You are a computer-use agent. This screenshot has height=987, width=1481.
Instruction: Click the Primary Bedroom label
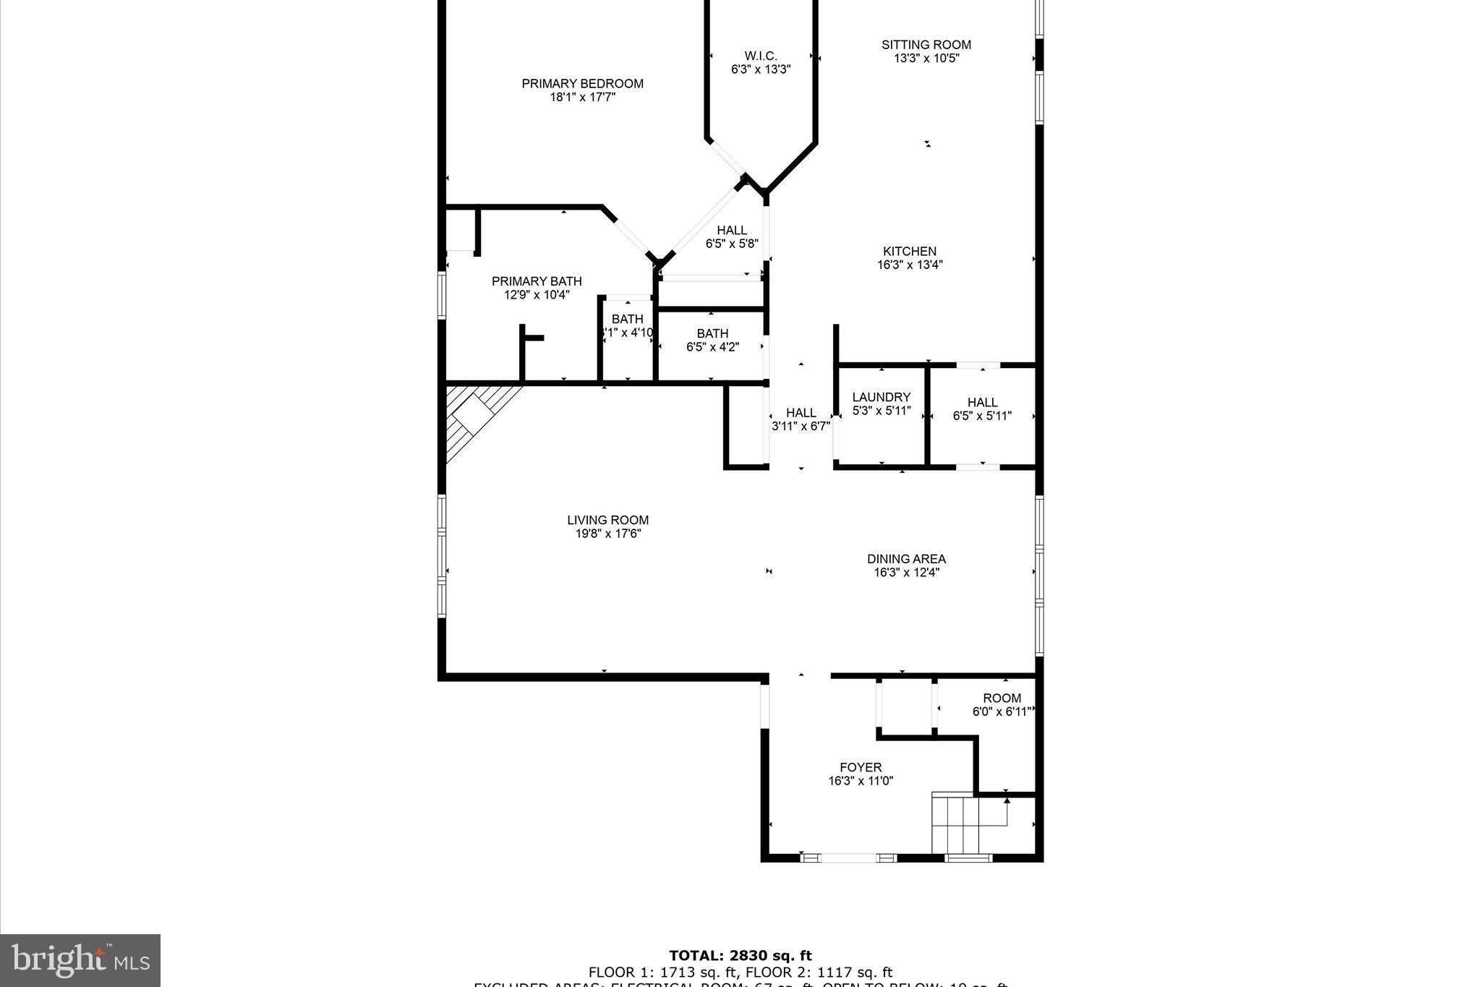[582, 84]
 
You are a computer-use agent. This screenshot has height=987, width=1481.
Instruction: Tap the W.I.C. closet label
[761, 56]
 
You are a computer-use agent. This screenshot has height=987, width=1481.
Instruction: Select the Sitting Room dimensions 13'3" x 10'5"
[926, 59]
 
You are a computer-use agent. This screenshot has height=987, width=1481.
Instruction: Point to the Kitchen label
[910, 252]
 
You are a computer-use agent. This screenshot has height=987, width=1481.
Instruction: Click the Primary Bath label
[537, 281]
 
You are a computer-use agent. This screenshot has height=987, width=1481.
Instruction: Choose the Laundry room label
[881, 397]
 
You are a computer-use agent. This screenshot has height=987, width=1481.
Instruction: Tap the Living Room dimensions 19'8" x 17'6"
[607, 534]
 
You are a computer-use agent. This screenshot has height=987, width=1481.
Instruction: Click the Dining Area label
[906, 559]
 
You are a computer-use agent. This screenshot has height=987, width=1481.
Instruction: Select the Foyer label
[861, 767]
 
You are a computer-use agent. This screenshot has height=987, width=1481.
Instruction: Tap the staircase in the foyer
[955, 824]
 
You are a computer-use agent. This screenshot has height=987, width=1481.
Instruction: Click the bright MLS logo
[80, 960]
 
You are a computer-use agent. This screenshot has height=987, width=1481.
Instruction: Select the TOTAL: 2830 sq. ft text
[740, 956]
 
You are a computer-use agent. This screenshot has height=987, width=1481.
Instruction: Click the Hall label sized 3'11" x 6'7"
[801, 413]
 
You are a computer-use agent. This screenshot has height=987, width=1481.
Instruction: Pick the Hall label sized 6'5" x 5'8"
[732, 231]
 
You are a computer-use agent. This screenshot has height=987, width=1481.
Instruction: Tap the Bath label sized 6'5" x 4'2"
[712, 333]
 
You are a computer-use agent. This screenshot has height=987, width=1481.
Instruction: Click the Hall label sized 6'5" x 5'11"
[982, 402]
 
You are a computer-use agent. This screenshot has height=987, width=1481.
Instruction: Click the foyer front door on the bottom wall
[849, 858]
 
